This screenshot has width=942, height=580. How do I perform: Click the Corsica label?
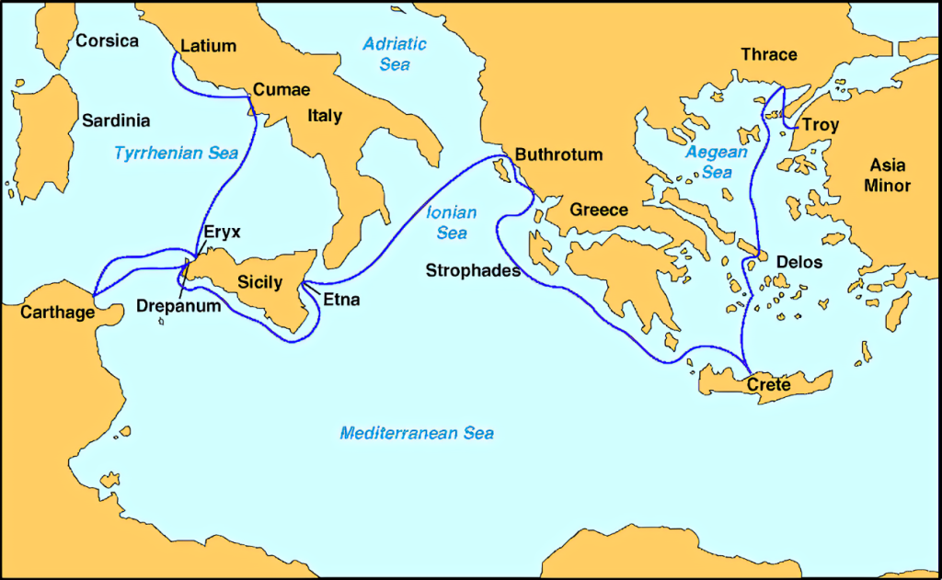tap(107, 41)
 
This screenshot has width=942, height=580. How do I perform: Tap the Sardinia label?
tap(116, 120)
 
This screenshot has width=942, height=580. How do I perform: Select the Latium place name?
tap(209, 46)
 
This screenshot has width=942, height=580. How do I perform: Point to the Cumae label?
tap(281, 90)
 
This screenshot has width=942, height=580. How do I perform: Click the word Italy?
tap(325, 116)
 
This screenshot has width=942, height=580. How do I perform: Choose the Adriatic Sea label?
tap(395, 54)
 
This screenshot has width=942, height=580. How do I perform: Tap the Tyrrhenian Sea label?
tap(177, 154)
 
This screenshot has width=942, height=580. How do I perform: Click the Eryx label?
tap(222, 232)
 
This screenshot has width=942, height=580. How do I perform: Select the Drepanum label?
tap(178, 305)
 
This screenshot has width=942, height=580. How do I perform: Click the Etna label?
tap(341, 300)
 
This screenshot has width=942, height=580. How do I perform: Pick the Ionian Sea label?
tap(452, 223)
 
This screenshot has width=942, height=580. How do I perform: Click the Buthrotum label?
tap(559, 154)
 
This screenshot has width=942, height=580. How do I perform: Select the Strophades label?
tap(473, 270)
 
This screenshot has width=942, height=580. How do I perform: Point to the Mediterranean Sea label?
tap(417, 433)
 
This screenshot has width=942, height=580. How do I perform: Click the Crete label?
tap(768, 384)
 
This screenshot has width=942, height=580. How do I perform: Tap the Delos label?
tap(799, 262)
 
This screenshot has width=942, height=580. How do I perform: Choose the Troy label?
tap(821, 125)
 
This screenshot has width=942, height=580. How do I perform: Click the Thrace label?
tap(769, 54)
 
